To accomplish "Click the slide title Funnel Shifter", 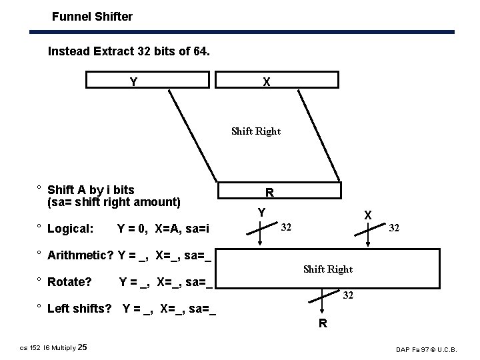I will (x=93, y=16).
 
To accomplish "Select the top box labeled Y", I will (x=149, y=80).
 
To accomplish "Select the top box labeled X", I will (x=276, y=80).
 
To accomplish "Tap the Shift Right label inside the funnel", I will (x=256, y=131).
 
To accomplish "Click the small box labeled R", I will (x=269, y=192).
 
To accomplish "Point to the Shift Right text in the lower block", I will (x=328, y=269).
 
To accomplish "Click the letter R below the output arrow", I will (x=323, y=324).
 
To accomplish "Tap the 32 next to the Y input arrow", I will (x=285, y=228).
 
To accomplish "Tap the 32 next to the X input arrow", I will (x=394, y=228).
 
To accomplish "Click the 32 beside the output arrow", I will (x=348, y=295).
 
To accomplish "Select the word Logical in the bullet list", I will (x=71, y=229).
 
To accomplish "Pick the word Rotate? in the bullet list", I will (x=69, y=282).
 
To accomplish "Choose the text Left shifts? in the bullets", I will (x=79, y=309).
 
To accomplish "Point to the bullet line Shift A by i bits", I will (x=91, y=190).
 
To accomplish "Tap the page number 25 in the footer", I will (x=82, y=347).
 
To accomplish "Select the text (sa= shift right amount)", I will (x=114, y=202).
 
